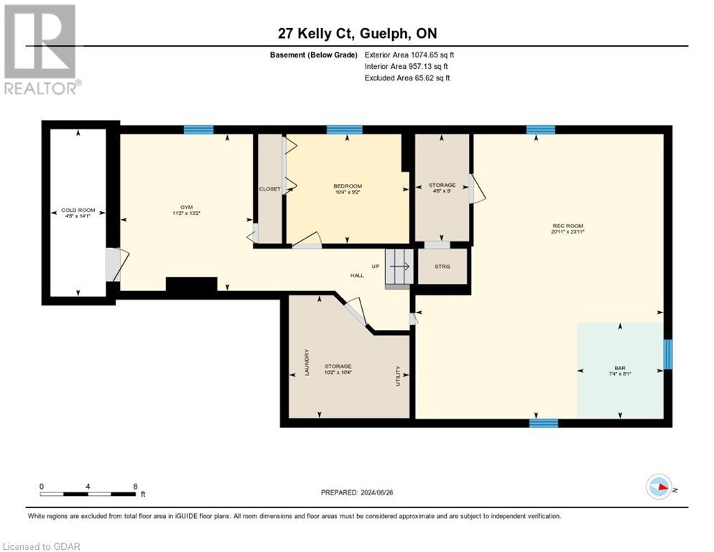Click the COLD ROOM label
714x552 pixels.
pyautogui.click(x=78, y=211)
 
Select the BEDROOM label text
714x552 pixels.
pyautogui.click(x=347, y=186)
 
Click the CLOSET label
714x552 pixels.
pyautogui.click(x=269, y=189)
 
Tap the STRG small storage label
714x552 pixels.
pyautogui.click(x=443, y=267)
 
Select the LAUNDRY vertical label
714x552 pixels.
pyautogui.click(x=307, y=362)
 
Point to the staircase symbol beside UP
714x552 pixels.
pyautogui.click(x=400, y=267)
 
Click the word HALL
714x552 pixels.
pyautogui.click(x=357, y=275)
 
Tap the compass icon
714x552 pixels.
pyautogui.click(x=659, y=488)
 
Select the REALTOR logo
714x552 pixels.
pyautogui.click(x=40, y=49)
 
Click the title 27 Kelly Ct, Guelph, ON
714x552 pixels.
pyautogui.click(x=356, y=33)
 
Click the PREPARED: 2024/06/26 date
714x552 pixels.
pyautogui.click(x=356, y=492)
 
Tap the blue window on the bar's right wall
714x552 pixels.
pyautogui.click(x=667, y=354)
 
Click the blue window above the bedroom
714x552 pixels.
pyautogui.click(x=344, y=129)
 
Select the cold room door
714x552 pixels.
pyautogui.click(x=115, y=264)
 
